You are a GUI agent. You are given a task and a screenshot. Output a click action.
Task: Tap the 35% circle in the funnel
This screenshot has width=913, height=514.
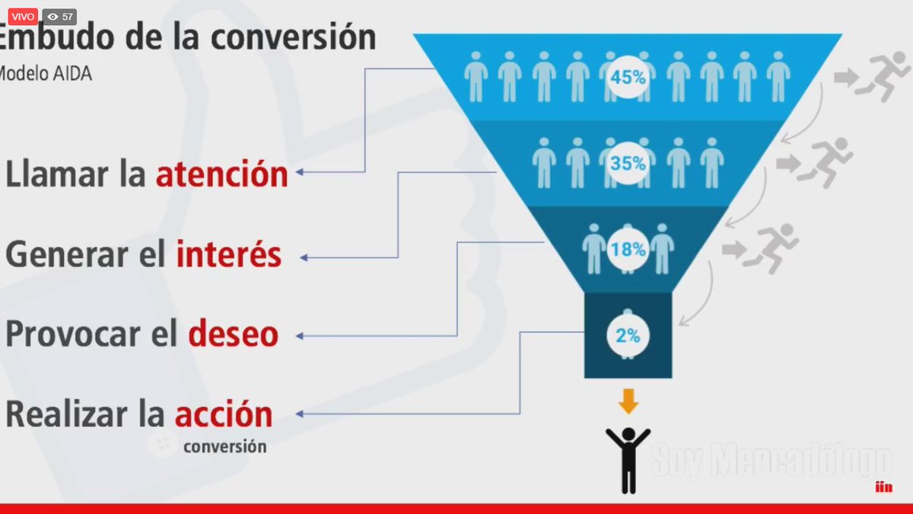628,162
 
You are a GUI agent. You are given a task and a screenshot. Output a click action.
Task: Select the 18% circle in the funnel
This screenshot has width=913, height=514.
628,248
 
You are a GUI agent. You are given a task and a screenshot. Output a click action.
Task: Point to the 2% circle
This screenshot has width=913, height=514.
628,334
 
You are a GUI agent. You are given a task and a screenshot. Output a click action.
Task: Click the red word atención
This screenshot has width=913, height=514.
222,175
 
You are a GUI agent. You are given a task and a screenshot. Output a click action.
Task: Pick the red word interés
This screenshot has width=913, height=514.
229,255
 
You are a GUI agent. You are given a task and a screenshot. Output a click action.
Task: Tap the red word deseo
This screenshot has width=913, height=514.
233,335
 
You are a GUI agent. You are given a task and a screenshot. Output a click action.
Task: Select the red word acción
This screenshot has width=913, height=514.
224,415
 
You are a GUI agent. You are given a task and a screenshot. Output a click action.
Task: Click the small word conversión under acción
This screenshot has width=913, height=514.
224,447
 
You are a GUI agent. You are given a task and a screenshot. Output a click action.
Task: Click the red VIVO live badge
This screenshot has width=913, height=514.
19,16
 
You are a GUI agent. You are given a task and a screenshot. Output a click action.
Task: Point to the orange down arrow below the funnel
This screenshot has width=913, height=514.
628,401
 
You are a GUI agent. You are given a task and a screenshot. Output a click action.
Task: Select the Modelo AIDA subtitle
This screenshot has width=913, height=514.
45,74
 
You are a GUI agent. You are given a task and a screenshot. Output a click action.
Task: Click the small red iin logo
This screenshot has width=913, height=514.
883,487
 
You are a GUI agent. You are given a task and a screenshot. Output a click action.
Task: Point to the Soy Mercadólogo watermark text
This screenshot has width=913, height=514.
770,461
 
